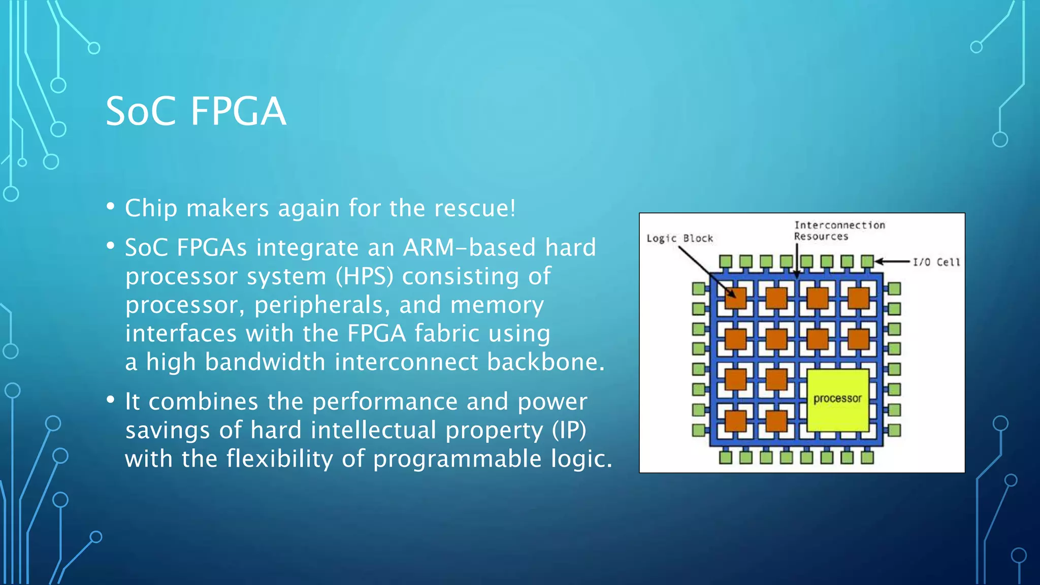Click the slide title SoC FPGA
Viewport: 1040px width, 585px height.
(196, 111)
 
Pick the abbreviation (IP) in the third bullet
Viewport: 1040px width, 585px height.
(569, 430)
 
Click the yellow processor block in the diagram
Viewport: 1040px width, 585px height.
(837, 399)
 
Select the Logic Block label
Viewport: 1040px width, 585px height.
(679, 238)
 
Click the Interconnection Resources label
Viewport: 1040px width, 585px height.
(839, 231)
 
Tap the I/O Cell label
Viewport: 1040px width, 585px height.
(936, 262)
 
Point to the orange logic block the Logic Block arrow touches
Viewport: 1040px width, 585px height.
(735, 298)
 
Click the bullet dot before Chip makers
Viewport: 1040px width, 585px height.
(111, 206)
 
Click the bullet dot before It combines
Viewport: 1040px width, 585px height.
(111, 400)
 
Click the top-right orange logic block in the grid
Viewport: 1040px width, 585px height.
(858, 298)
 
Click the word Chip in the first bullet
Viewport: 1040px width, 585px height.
(151, 208)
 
